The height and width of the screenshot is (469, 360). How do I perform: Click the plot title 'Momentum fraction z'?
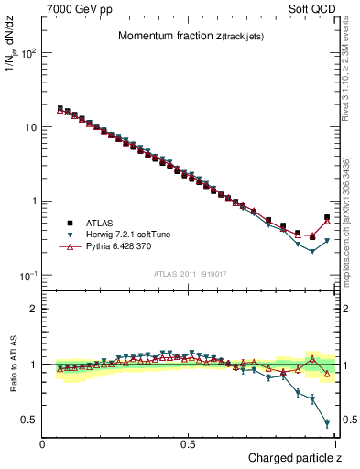pos(180,36)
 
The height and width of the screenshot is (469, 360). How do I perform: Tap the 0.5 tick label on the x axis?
pos(189,444)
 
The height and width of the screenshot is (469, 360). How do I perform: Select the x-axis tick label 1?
pos(335,444)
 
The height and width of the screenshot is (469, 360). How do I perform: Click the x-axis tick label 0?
pos(43,444)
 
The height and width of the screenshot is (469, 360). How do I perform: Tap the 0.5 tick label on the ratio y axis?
pos(29,420)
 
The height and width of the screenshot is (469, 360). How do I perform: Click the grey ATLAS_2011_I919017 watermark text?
pos(187,275)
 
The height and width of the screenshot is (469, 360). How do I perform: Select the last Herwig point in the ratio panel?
pos(327,423)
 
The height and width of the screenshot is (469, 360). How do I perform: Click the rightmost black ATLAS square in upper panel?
pos(327,218)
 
